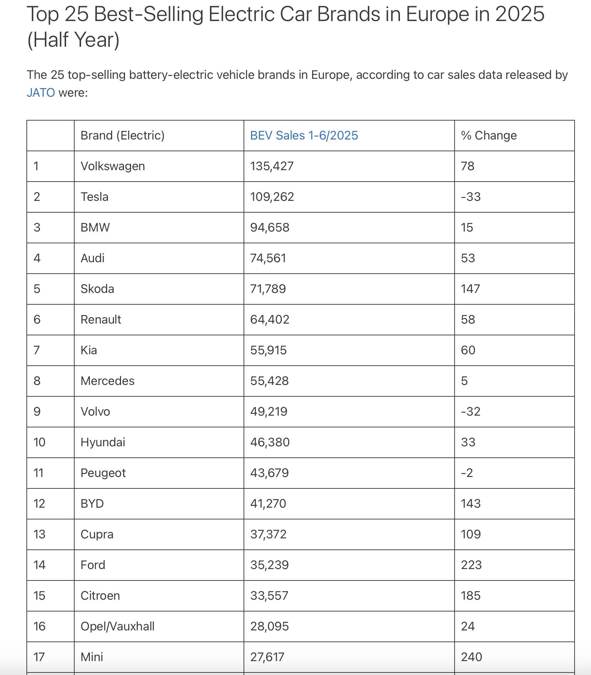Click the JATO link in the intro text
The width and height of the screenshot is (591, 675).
(41, 93)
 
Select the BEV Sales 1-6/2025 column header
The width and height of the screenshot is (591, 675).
(304, 136)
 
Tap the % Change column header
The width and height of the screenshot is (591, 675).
(489, 136)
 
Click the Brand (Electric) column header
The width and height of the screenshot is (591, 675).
(122, 136)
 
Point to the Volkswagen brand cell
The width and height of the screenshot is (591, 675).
(113, 166)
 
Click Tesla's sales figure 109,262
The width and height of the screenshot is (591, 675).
(272, 197)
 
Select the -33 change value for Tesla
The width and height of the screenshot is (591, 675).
(471, 197)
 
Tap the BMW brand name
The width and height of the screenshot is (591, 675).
(95, 228)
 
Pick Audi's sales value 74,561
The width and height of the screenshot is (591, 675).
(268, 258)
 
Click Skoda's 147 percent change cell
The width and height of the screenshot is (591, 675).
(470, 289)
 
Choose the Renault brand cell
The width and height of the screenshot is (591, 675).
(101, 320)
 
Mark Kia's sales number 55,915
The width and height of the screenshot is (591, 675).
(268, 350)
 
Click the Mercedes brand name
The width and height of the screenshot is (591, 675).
(107, 381)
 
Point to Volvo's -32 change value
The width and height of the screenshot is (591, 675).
(471, 412)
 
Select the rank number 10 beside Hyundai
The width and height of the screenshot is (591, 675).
(39, 442)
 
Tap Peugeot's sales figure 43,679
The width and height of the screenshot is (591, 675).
(269, 473)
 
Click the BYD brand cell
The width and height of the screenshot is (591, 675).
(92, 504)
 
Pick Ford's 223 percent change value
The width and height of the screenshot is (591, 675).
(471, 565)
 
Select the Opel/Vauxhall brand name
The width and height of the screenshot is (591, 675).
(117, 626)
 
